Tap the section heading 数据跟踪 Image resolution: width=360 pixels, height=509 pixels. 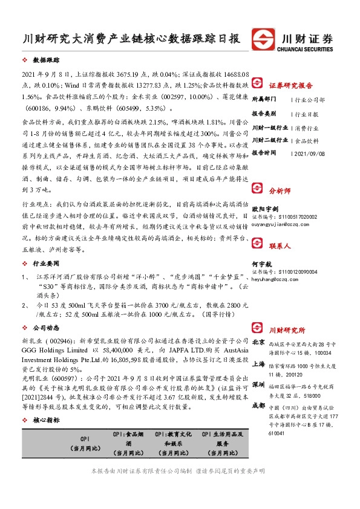tap(45, 61)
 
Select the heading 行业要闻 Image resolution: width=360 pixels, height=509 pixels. tap(45, 264)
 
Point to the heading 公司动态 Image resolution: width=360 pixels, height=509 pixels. tap(45, 327)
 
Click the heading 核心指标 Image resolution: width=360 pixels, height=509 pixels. tap(45, 420)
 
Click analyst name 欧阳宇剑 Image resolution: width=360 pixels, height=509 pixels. tap(265, 209)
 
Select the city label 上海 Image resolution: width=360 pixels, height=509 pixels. tap(258, 364)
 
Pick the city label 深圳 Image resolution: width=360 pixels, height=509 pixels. tap(258, 384)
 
